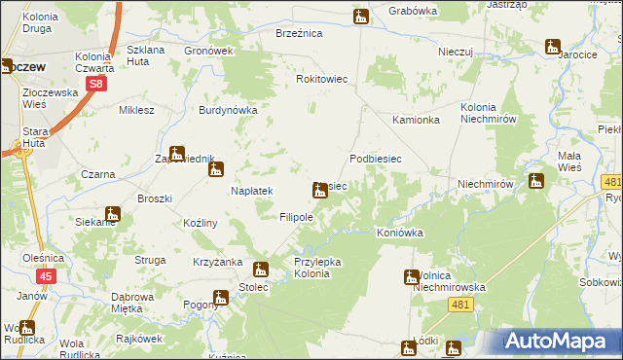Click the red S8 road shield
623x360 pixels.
point(94,85)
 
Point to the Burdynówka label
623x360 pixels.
point(227,110)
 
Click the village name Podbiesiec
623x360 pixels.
point(376,158)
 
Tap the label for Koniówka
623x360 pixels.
point(401,234)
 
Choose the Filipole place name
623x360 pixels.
point(296,217)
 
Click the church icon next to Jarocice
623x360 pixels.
point(553,46)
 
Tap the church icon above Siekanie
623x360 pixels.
point(113,214)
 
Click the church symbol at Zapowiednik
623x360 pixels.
point(176,153)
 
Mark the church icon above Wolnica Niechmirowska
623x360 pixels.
point(411,277)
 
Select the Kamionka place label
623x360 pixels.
point(416,120)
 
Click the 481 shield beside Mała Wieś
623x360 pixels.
point(611,182)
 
